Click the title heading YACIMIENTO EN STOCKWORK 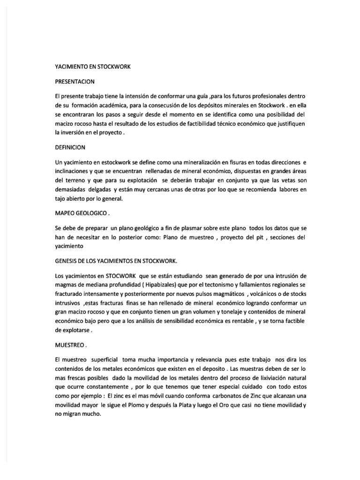[92, 67]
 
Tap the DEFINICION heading [70, 147]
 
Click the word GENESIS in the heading [67, 261]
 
